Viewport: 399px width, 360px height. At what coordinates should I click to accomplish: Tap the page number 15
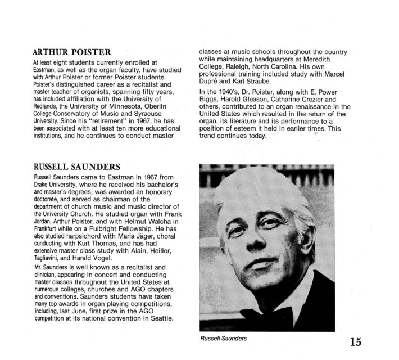(356, 341)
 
